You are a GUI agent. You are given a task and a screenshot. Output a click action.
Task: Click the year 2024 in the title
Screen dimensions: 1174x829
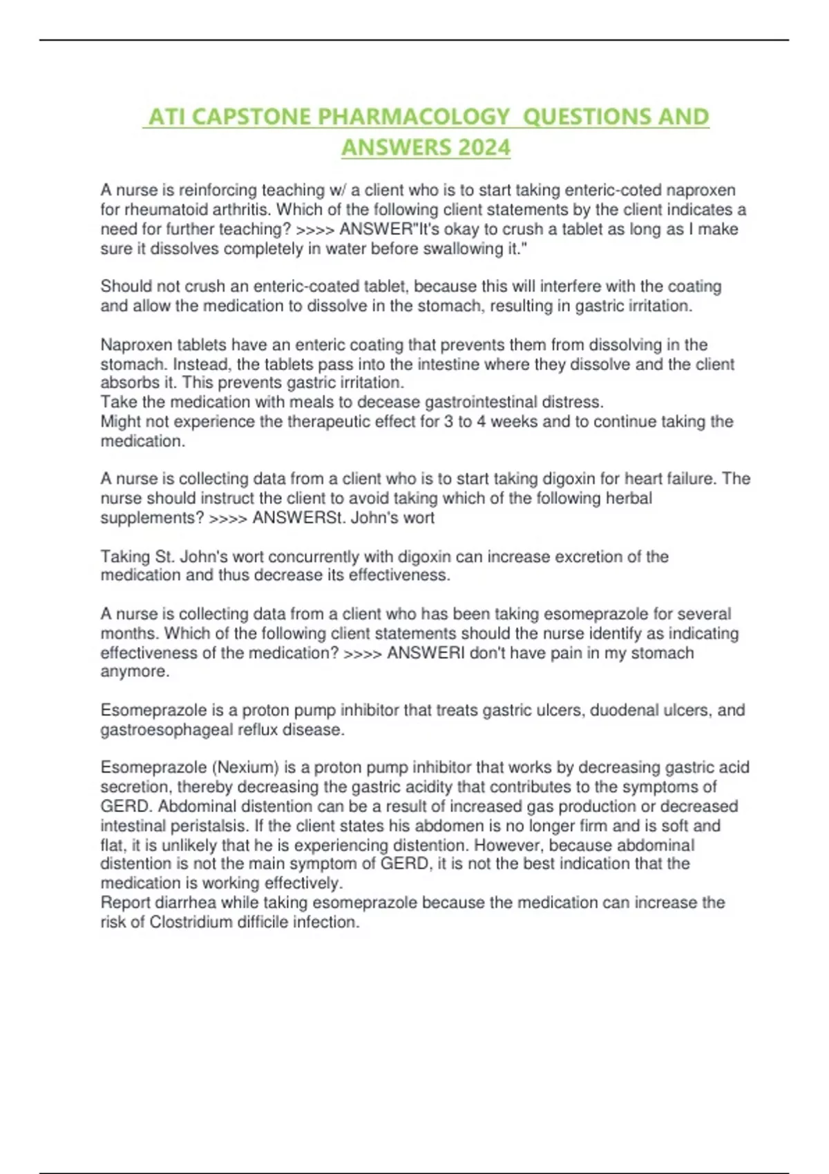[x=484, y=147]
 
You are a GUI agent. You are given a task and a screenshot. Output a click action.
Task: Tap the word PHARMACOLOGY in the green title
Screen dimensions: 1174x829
[x=412, y=117]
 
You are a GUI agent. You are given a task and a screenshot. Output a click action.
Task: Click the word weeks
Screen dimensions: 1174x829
[x=513, y=421]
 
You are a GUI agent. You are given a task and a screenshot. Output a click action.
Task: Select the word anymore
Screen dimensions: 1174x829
[x=134, y=671]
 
